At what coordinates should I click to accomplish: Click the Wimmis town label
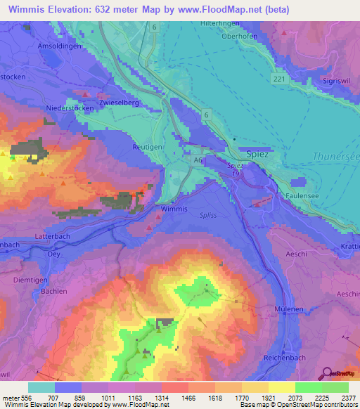click(x=174, y=209)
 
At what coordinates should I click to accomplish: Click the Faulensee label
click(x=303, y=195)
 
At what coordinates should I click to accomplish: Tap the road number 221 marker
click(x=279, y=79)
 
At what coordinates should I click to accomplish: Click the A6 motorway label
click(x=199, y=161)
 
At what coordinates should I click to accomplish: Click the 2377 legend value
click(x=348, y=397)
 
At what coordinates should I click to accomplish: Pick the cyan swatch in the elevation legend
click(x=41, y=387)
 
